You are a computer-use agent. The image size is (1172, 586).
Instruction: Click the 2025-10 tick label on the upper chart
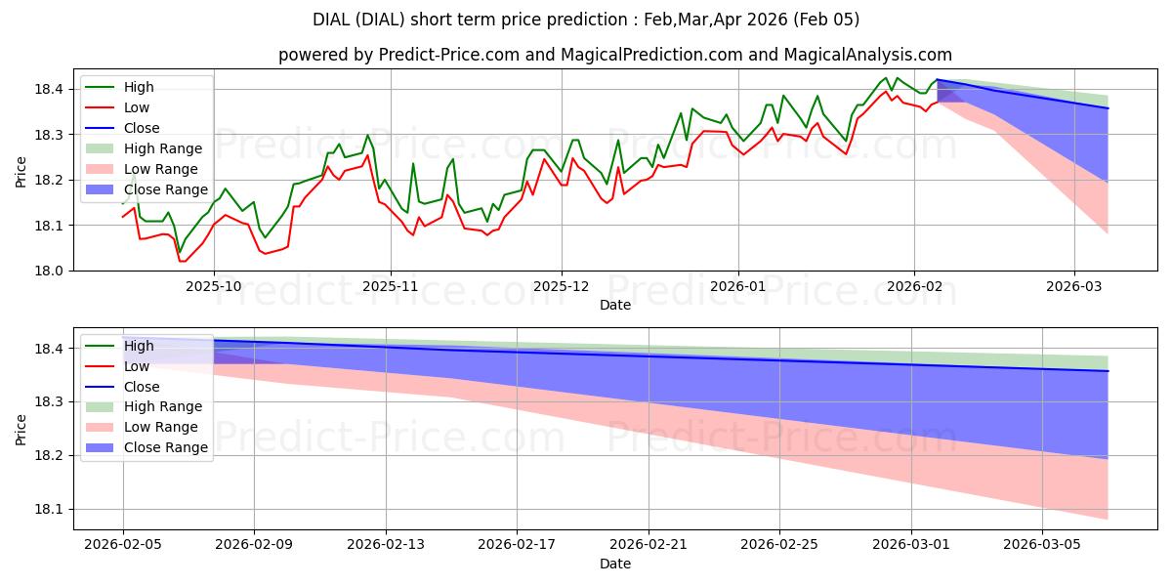pos(214,287)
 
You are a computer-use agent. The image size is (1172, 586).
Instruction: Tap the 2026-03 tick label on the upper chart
pos(1074,287)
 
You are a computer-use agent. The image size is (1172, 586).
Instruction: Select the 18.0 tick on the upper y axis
pos(50,271)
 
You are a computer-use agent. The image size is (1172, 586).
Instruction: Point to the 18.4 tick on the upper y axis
pos(50,89)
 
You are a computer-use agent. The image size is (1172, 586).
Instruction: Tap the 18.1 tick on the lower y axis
pos(50,509)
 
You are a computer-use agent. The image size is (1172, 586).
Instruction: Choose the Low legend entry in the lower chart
pos(138,366)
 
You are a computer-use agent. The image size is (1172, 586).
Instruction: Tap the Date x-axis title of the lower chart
pos(615,564)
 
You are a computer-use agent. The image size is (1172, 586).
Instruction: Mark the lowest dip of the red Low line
pos(181,261)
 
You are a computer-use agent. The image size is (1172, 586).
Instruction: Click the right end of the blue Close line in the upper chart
pos(1109,108)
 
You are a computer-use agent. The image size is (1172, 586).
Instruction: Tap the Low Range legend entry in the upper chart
pos(161,169)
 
